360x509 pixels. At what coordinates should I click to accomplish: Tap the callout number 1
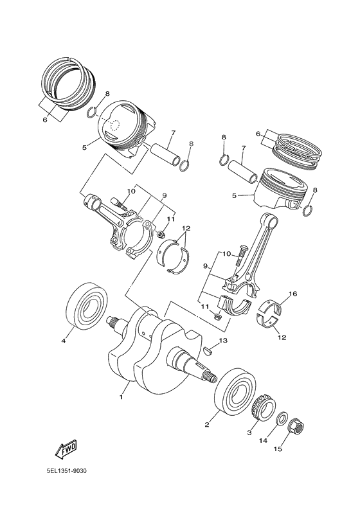(120, 397)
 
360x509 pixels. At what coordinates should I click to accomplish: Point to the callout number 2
(208, 424)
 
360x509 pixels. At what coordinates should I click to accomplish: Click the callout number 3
(249, 433)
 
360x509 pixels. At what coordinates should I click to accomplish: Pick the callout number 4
(64, 341)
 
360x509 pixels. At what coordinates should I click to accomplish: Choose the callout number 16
(292, 294)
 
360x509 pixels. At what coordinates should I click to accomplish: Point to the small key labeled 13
(208, 350)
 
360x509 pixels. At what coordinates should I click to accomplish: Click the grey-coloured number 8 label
(190, 143)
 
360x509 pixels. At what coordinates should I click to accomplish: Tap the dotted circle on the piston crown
(114, 127)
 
